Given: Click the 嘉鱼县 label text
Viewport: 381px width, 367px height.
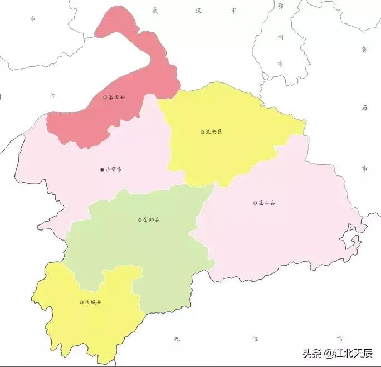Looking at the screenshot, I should tap(116, 97).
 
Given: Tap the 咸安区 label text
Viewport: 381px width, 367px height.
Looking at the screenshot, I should tap(214, 132).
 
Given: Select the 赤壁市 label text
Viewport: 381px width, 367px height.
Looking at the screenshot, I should tap(114, 169).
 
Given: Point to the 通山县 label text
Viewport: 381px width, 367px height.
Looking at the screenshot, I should tap(267, 203).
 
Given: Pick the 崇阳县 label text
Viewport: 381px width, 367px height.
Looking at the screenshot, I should tap(152, 220).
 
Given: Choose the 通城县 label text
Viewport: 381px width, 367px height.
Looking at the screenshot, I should tap(94, 302).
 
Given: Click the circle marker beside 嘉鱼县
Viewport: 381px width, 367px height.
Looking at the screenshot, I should tap(105, 97).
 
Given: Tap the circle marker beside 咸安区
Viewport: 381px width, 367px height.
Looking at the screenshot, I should tap(202, 132).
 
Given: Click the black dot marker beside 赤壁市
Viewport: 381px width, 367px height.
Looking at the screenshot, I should tap(101, 169).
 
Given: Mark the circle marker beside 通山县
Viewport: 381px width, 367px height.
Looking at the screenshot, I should tap(255, 203).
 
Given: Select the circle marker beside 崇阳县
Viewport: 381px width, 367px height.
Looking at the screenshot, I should tap(140, 220).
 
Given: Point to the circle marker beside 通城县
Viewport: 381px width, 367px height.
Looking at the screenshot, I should tap(81, 302).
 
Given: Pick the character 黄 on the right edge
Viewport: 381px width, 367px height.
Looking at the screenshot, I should tap(364, 49).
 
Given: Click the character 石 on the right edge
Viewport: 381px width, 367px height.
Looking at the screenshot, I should tap(364, 108).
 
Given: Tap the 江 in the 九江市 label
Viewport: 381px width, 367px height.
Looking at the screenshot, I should tap(256, 339).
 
